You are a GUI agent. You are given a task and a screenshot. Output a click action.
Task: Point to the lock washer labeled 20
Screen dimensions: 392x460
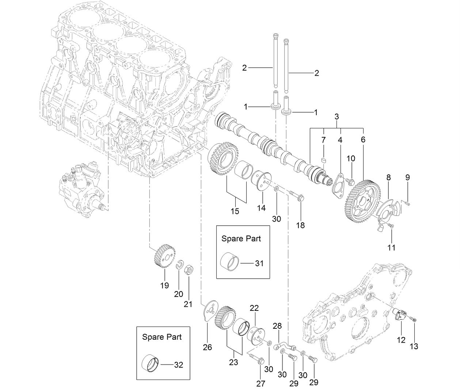[x=179, y=266]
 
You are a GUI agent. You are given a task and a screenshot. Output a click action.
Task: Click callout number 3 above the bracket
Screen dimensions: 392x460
[x=337, y=117]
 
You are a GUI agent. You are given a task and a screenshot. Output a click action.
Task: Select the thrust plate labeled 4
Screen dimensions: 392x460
[x=338, y=185]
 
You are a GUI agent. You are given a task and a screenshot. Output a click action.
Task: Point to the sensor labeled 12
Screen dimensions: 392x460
[x=400, y=316]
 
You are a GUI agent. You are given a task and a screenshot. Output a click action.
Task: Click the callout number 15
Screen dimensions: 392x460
[x=235, y=211]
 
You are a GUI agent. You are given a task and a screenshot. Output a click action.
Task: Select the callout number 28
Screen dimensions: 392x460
[x=277, y=325]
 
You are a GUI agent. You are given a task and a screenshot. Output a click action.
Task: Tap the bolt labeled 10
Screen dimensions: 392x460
[x=351, y=181]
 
